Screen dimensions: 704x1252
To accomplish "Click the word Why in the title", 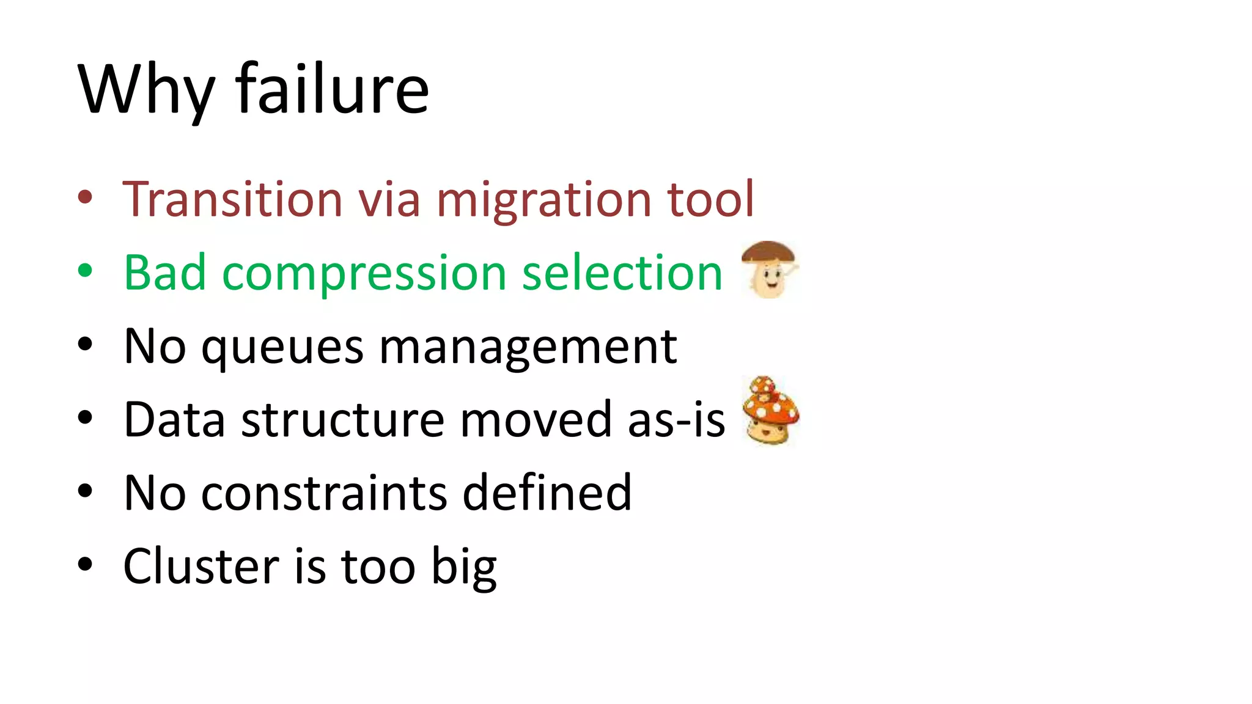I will coord(146,90).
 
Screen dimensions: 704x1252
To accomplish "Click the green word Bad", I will coord(164,273).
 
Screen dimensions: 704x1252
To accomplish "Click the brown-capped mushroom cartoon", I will coord(769,269).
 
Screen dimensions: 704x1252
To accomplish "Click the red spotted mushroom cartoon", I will coord(770,410).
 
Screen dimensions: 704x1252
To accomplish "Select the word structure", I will coord(343,420).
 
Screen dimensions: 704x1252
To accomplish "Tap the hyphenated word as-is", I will coord(676,420).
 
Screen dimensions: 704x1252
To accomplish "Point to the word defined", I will coord(547,493).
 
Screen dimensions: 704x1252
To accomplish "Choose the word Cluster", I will coord(201,566).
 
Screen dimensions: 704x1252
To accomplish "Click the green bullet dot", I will coord(85,271).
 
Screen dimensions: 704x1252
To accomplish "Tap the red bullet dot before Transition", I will coord(85,197).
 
